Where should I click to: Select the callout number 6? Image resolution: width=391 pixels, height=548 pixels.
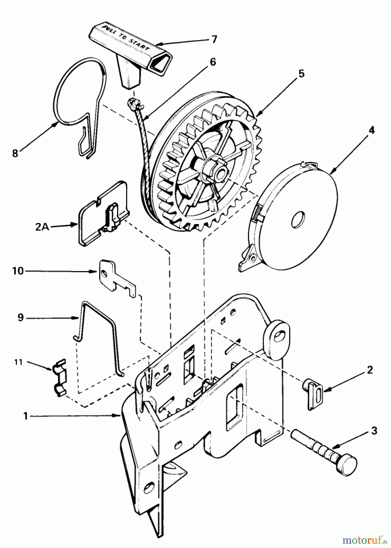point(213,62)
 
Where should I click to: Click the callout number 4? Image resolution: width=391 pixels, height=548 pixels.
point(372,131)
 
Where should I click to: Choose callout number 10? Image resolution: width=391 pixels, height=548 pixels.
point(18,271)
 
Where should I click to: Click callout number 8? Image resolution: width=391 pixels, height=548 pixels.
point(15,153)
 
